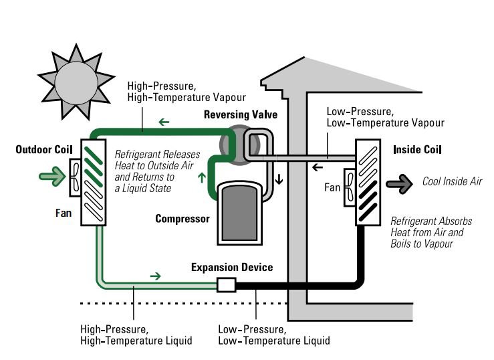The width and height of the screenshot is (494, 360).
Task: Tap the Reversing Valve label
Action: pyautogui.click(x=240, y=115)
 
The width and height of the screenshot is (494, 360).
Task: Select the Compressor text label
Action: pyautogui.click(x=182, y=219)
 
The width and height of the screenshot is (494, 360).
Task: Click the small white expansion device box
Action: pyautogui.click(x=227, y=285)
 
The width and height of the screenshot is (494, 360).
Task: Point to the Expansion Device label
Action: pyautogui.click(x=232, y=267)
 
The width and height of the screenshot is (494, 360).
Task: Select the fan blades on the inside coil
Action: pyautogui.click(x=350, y=188)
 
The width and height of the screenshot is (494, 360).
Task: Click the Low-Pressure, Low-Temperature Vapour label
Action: pyautogui.click(x=384, y=118)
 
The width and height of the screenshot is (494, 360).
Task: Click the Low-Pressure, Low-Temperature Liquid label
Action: pyautogui.click(x=274, y=335)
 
